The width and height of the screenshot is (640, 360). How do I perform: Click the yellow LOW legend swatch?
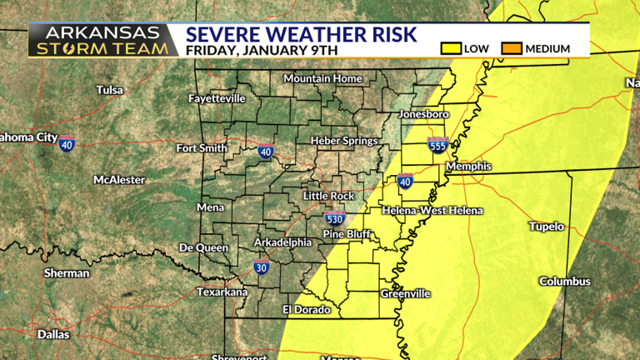click(452, 48)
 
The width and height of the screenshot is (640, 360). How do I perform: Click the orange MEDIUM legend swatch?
click(512, 48)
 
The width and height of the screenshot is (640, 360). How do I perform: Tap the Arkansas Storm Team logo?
click(103, 40)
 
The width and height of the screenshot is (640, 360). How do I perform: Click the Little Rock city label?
click(328, 196)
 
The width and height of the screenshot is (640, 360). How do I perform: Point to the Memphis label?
click(468, 167)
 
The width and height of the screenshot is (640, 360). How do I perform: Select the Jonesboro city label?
click(424, 113)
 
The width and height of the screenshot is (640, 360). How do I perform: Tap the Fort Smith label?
click(202, 148)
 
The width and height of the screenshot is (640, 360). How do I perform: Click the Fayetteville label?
click(217, 98)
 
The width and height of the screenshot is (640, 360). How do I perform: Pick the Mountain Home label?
click(322, 78)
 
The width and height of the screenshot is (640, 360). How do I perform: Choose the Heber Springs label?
click(344, 141)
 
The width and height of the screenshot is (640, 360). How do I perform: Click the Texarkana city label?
click(222, 292)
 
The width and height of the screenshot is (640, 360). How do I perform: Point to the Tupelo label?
click(547, 227)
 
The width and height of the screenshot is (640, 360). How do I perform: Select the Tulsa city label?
click(109, 90)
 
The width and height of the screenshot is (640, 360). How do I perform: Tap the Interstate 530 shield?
click(334, 219)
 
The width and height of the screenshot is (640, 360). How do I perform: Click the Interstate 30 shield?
click(261, 267)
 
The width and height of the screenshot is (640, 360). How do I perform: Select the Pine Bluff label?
click(346, 234)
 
